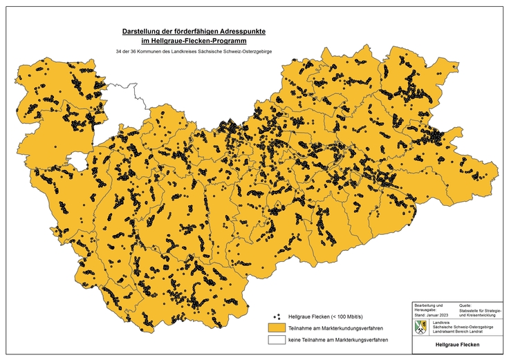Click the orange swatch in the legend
pos(277,328)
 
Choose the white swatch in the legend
pos(277,341)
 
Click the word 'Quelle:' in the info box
pos(466,305)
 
